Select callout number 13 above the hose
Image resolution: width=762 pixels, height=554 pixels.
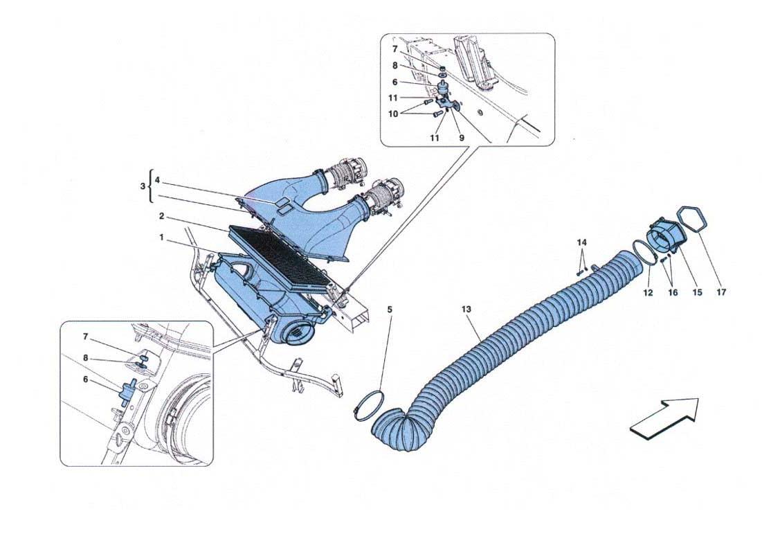point(466,309)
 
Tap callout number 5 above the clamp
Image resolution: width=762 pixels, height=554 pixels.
point(390,310)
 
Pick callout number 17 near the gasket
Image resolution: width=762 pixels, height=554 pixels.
point(721,292)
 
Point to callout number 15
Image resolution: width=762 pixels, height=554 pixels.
point(698,292)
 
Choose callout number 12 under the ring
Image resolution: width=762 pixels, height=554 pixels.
point(648,292)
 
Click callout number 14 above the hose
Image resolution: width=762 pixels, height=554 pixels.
point(581,242)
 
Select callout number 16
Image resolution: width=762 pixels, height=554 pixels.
point(673,292)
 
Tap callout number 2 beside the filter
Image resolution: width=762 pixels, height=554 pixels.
point(161,217)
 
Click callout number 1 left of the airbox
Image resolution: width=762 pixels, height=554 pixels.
point(161,238)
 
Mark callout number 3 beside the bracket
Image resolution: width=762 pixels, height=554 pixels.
point(143,186)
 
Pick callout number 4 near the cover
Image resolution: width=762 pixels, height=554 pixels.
point(157,180)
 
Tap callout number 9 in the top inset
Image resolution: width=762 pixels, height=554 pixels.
point(461,138)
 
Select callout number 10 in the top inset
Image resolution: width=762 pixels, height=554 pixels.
point(393,114)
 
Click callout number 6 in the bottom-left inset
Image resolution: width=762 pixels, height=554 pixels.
point(86,379)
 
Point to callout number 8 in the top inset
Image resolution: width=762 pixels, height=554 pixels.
point(395,66)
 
